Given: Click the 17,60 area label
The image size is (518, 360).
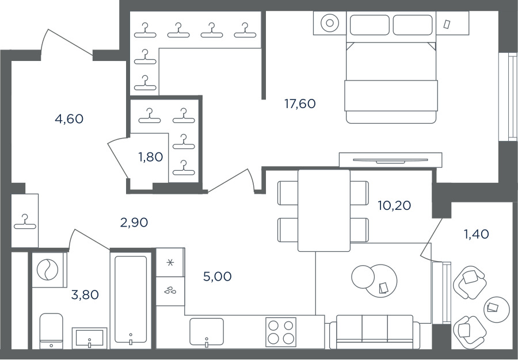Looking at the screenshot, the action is click(x=300, y=104).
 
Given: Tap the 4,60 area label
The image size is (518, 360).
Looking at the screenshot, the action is click(x=69, y=119).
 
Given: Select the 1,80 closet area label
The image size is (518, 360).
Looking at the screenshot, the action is click(x=151, y=157).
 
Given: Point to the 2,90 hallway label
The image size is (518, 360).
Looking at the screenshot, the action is click(x=134, y=223).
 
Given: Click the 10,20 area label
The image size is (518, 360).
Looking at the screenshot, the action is click(x=394, y=205).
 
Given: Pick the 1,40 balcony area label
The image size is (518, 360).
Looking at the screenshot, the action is click(x=477, y=234).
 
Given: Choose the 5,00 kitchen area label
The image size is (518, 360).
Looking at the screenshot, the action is click(x=218, y=277).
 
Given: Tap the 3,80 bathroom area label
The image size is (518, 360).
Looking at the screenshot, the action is click(x=85, y=294).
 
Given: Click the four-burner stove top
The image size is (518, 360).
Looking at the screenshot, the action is click(x=281, y=332).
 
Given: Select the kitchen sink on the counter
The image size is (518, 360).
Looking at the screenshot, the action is click(x=207, y=332).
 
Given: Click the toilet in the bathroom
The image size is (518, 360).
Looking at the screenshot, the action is click(x=51, y=331).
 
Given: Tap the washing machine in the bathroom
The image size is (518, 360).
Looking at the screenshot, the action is click(x=48, y=270).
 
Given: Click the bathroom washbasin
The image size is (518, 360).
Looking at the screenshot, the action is click(x=90, y=338).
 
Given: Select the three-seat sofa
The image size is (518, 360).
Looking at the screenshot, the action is click(x=375, y=332).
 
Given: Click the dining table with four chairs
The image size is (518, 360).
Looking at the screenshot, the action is click(x=323, y=210).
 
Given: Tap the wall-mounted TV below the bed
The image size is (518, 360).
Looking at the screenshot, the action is click(x=390, y=160).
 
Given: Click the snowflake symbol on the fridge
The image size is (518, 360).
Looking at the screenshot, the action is click(x=170, y=263).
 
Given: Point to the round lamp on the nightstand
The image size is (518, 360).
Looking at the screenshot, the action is click(x=330, y=23).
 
